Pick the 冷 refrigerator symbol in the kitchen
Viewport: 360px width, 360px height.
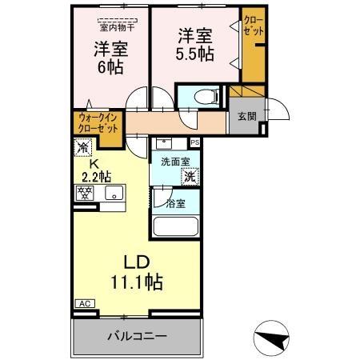(82, 147)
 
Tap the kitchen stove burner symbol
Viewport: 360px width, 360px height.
(82, 192)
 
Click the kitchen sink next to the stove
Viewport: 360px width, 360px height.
(114, 192)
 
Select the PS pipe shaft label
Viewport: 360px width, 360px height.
(194, 143)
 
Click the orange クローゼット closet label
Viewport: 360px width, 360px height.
(252, 25)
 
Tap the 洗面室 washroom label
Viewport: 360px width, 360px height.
(174, 161)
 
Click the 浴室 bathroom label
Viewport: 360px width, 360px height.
(174, 204)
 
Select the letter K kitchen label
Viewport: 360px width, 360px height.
(93, 165)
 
